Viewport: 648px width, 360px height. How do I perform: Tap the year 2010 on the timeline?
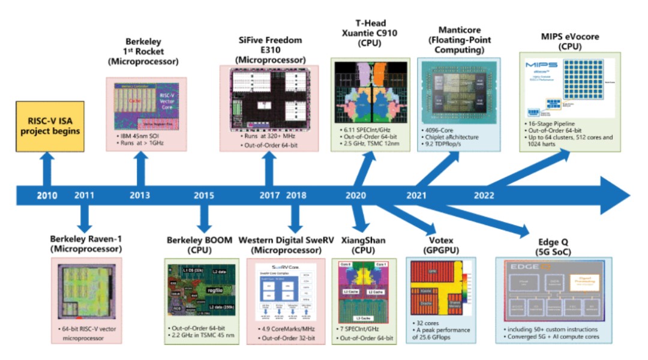click(47, 195)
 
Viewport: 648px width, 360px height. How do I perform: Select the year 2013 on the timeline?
click(140, 195)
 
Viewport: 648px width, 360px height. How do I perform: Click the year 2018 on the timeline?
click(296, 195)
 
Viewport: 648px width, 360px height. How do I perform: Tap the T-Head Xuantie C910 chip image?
click(370, 95)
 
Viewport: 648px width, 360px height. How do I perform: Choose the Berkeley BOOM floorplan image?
click(201, 290)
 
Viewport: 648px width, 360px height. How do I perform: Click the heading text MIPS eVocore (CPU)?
click(569, 42)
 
